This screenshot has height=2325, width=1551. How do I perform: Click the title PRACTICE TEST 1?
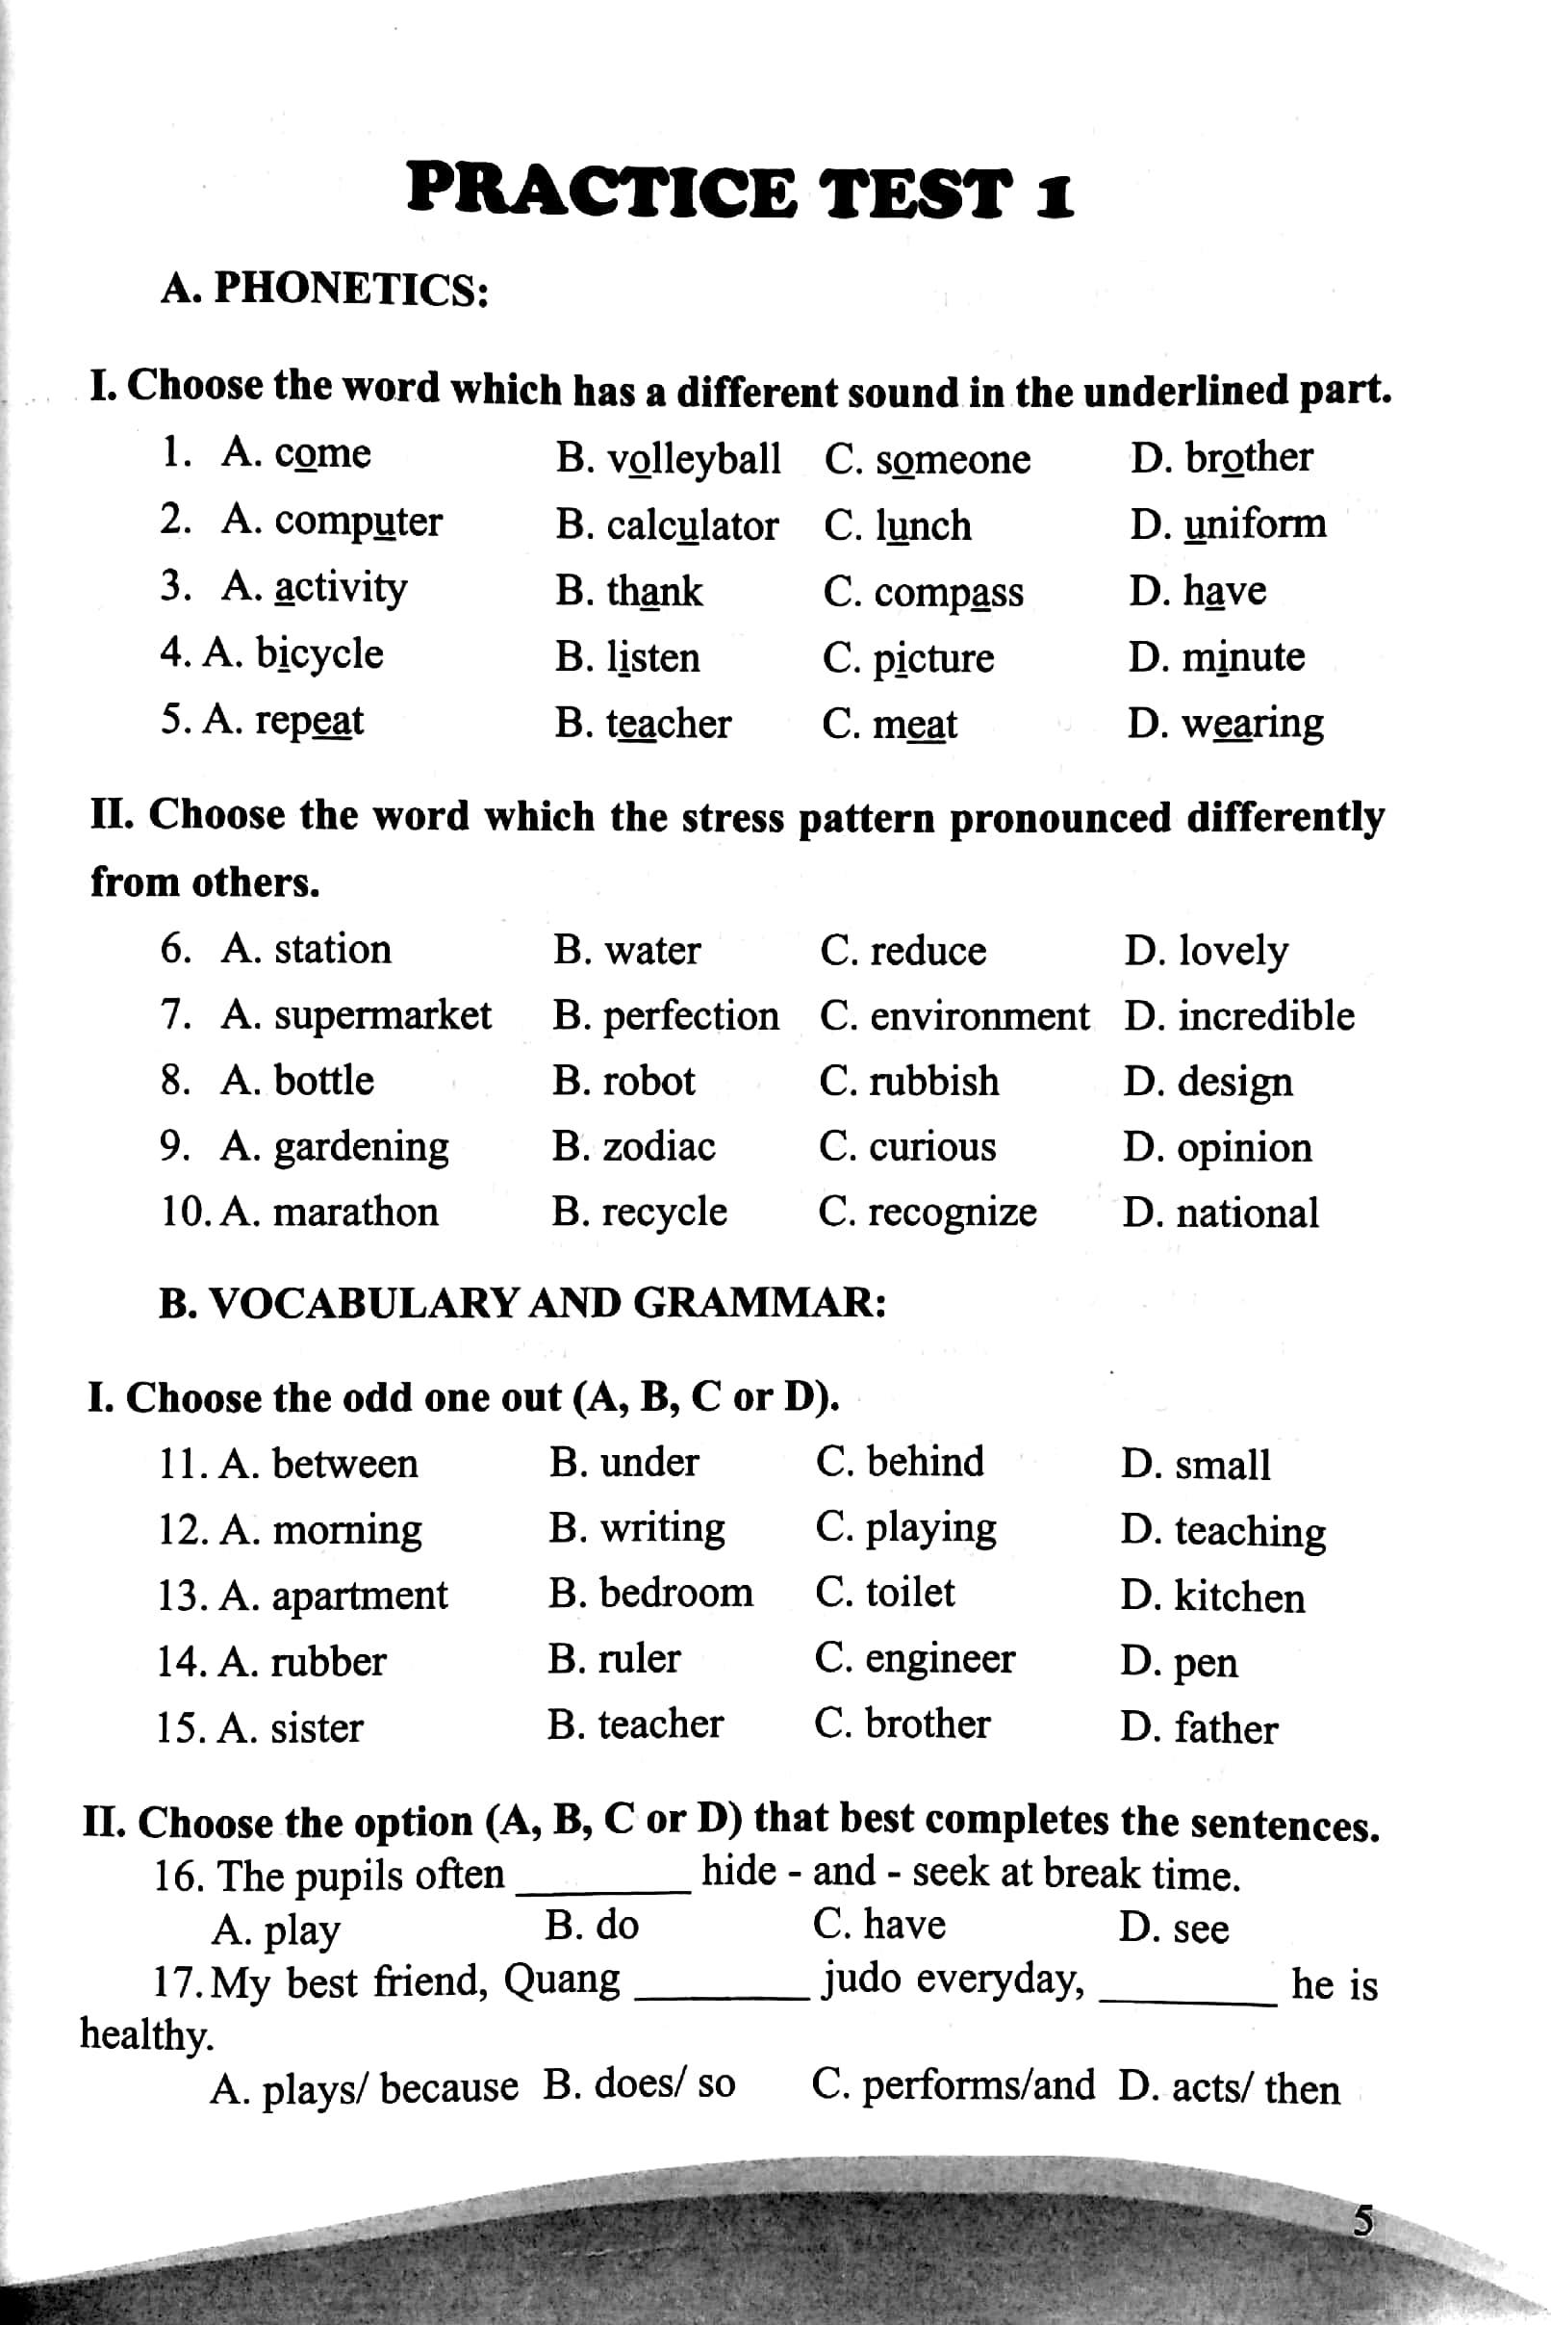pos(740,192)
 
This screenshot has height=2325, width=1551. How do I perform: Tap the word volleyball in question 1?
pos(694,459)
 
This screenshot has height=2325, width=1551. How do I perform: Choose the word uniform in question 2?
pos(1255,524)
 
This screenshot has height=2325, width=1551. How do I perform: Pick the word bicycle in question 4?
pos(318,654)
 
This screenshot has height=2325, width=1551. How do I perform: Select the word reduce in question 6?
pos(927,951)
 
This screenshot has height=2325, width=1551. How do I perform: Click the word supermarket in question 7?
pos(382,1016)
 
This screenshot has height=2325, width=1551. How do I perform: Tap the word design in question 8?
pos(1234,1083)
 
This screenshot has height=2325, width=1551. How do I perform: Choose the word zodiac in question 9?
pos(659,1147)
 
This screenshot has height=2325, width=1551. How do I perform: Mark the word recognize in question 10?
pos(952,1212)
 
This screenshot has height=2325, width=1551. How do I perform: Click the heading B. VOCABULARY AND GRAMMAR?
pos(522,1303)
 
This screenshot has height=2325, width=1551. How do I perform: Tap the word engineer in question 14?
pos(940,1659)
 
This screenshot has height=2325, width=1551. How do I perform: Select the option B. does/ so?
pos(639,2084)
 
